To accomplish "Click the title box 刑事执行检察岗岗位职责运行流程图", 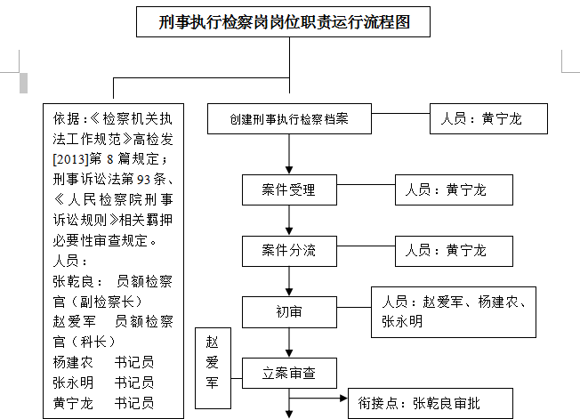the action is coord(283,22).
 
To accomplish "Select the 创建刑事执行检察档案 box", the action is coord(289,118).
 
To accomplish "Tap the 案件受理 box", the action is coord(289,189).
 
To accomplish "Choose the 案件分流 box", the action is coord(289,251).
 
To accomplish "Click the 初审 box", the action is coord(289,312).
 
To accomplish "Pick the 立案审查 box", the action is coord(289,373).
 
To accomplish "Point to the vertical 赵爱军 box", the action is coord(213,368).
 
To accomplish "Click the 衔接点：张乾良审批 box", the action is coord(431,403).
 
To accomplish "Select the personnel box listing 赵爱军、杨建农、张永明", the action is coord(454,311).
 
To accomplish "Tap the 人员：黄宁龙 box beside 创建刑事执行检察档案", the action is coord(488,118).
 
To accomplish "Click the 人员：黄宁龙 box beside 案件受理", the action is coord(454,189).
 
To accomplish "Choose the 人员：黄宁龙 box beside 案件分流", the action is coord(454,251).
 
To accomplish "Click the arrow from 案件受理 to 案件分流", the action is coord(289,221).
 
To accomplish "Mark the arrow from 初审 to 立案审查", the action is coord(289,342).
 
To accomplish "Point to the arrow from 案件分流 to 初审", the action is coord(289,281).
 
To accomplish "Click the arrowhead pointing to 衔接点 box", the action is coord(344,399).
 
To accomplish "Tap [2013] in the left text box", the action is coord(71,159).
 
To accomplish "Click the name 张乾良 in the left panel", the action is coord(73,282).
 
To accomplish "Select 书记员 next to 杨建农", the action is coord(134,362).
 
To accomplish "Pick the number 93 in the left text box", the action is coord(143,180).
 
